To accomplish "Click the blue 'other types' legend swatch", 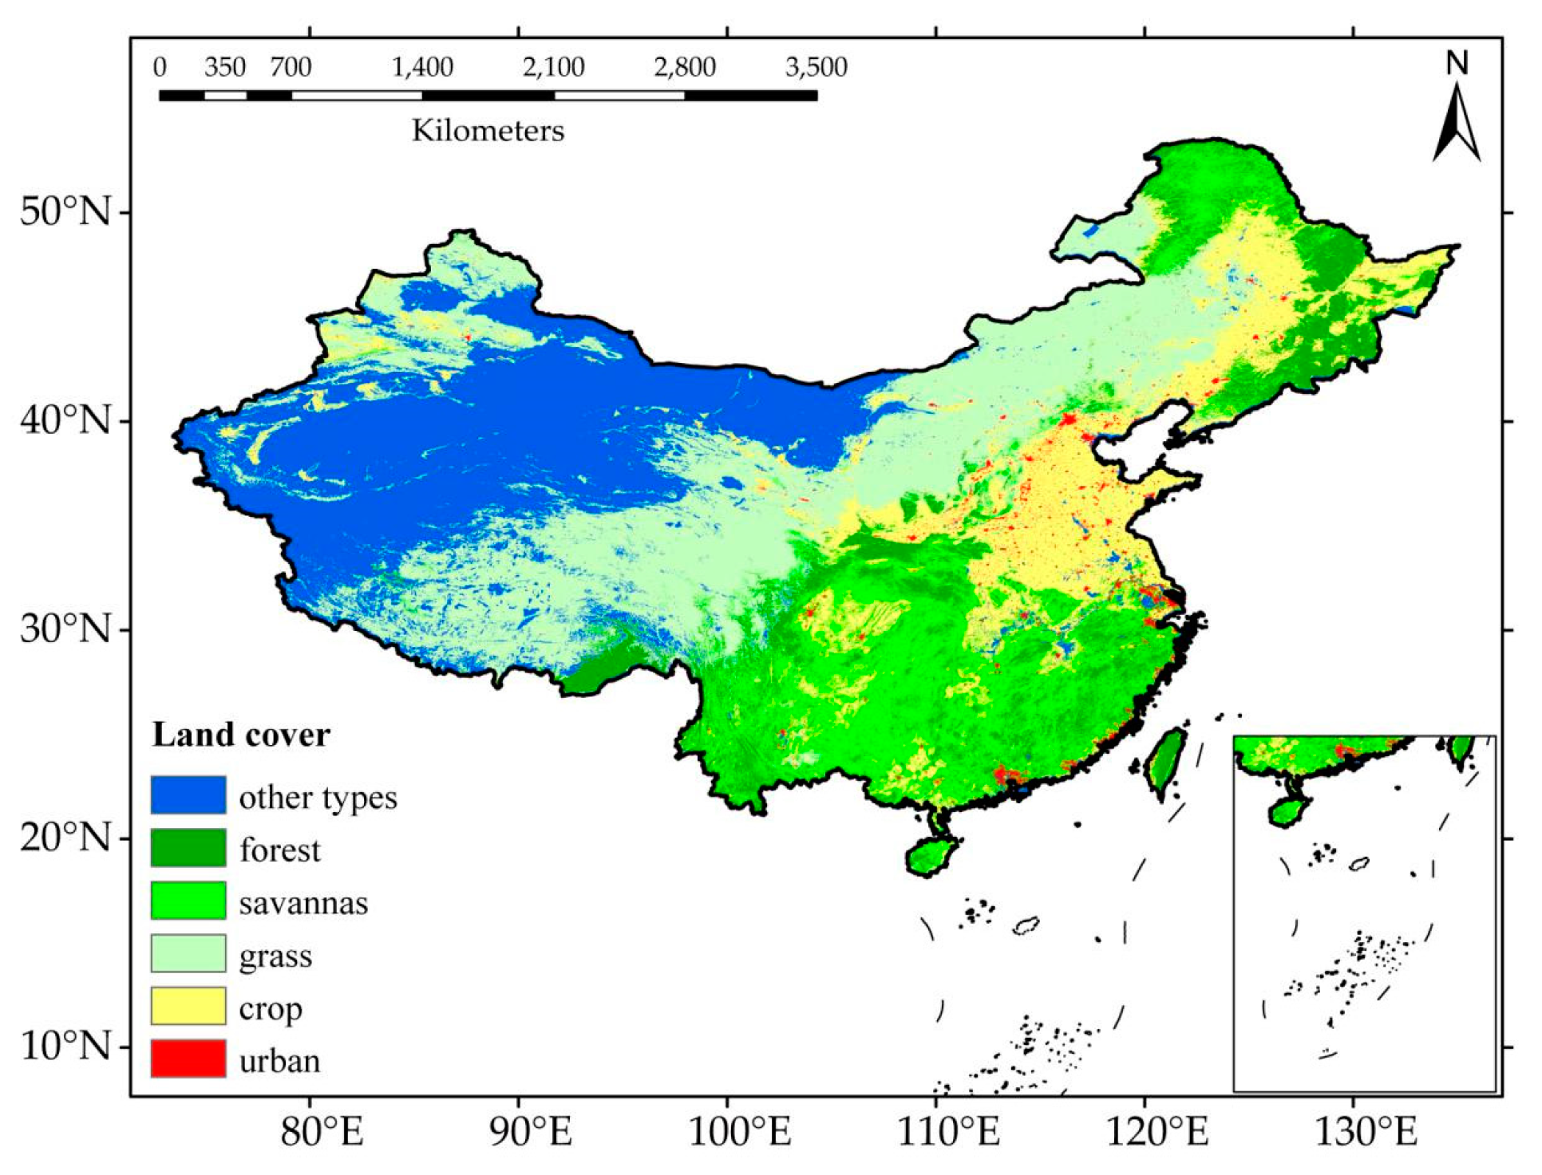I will click(188, 795).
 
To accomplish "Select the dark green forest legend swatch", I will click(188, 848).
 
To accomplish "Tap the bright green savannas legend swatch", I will click(188, 901).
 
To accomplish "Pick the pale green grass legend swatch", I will click(188, 953).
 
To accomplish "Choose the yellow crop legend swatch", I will click(188, 1006).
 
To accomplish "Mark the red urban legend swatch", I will click(188, 1059).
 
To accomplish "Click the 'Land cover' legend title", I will click(240, 735).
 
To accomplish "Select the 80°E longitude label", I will click(322, 1132).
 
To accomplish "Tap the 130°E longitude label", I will click(1366, 1132).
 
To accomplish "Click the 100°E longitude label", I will click(739, 1132).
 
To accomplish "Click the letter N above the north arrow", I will click(1457, 63).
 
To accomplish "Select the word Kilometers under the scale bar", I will click(488, 130).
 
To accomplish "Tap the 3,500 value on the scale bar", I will click(816, 67).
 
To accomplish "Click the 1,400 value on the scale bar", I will click(422, 67).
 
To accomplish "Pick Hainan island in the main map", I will click(931, 854).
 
